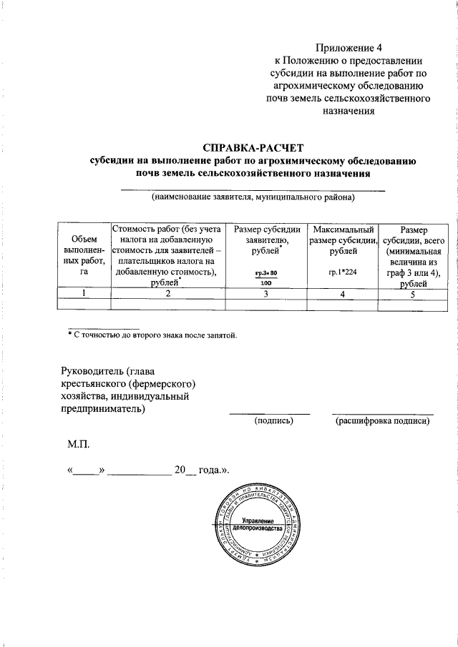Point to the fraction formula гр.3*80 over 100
pos(265,278)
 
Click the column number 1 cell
pos(84,292)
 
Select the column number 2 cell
pos(167,292)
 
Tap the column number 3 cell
pos(265,292)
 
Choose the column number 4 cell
pos(343,292)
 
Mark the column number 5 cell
pos(413,292)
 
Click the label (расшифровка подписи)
pos(382,422)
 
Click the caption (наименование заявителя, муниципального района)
pos(253,197)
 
